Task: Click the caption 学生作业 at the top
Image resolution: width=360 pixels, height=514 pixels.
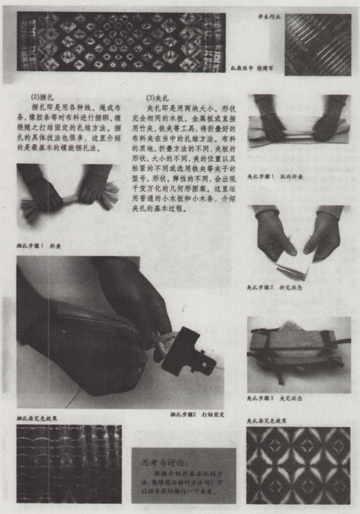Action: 269,17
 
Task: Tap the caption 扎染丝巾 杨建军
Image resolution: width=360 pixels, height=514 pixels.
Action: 255,68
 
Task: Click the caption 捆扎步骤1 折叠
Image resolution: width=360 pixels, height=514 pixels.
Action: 39,245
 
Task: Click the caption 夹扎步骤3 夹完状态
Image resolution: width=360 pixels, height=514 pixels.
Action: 274,398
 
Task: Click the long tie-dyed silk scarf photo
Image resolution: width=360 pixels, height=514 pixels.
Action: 121,42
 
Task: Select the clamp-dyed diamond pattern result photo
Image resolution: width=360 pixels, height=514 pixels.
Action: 298,465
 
